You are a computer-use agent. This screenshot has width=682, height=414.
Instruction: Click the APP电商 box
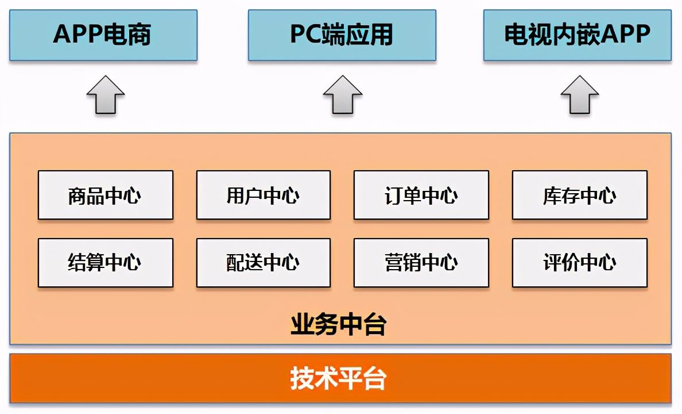click(103, 34)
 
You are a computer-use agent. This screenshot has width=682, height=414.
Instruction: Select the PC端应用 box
click(342, 34)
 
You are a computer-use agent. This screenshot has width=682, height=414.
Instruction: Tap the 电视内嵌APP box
click(577, 34)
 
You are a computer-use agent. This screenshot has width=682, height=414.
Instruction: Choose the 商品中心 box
click(106, 195)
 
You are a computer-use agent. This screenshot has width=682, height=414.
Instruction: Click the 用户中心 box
click(263, 195)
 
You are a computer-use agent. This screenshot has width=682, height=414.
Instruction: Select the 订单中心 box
click(421, 195)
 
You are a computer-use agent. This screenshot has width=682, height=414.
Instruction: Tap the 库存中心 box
click(580, 195)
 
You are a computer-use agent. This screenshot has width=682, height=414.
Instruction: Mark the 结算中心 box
click(106, 263)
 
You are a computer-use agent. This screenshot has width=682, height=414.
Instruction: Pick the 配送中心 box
click(263, 263)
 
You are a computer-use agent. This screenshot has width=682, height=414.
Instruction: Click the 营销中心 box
click(421, 263)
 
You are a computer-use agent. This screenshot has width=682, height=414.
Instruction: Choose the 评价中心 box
click(580, 263)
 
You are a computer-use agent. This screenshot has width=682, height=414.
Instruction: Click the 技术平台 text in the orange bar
click(339, 379)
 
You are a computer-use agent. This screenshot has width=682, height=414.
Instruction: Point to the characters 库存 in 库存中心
click(561, 195)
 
